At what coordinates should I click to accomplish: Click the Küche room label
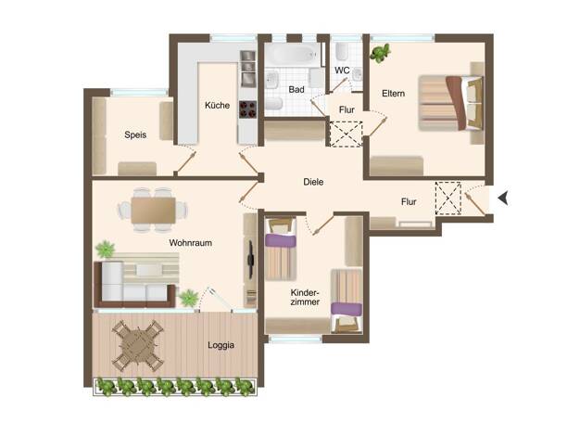coord(217,105)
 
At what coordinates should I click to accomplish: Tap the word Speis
coord(135,135)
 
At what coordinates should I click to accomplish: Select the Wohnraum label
coord(191,243)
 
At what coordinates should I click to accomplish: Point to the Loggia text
coord(221,345)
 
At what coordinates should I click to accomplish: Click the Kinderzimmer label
coord(305,297)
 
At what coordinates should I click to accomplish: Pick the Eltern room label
coord(393,94)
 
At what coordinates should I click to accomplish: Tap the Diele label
coord(313,182)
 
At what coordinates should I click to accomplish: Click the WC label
coord(342,71)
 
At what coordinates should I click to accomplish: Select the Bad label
coord(296,90)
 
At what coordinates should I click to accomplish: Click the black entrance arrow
coord(503,199)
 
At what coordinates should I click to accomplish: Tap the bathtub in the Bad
coord(293,55)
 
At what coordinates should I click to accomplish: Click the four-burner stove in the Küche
coord(247,109)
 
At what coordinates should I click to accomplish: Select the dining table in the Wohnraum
coord(153,211)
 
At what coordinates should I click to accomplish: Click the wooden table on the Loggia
coord(138,345)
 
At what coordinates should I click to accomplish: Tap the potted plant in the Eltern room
coord(380,53)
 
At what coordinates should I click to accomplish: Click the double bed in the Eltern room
coord(451,103)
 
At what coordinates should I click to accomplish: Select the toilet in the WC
coord(341,51)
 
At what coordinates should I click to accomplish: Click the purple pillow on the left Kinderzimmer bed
coord(281,240)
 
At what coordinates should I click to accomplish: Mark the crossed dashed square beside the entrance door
coord(448,199)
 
